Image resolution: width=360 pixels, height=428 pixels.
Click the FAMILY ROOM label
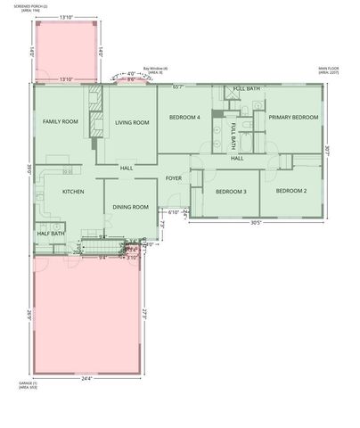61,121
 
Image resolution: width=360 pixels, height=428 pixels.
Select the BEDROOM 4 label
184,117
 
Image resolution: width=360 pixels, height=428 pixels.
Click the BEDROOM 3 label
231,191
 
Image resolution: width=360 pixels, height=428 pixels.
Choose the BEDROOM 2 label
290,191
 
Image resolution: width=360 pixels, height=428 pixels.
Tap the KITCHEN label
72,191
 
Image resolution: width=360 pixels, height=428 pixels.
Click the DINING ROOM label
130,207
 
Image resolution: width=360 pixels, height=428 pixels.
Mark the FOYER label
174,178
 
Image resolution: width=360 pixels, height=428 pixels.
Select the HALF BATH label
50,234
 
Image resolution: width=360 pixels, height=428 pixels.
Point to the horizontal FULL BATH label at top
247,89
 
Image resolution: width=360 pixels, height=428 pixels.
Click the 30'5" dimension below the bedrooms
255,223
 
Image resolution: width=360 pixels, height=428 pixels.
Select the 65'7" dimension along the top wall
178,86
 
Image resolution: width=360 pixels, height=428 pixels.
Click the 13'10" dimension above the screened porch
66,18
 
